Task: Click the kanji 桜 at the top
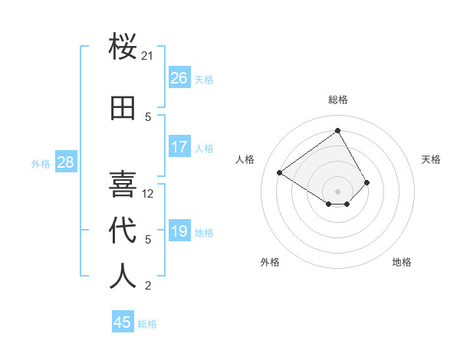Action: [123, 48]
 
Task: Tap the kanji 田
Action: [123, 108]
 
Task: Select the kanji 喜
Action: [123, 184]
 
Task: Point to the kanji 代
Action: [123, 230]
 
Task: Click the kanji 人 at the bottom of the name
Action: [123, 276]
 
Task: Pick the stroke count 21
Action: [148, 56]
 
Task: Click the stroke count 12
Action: [148, 194]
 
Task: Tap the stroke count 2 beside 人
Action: [148, 286]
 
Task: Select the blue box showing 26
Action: [179, 78]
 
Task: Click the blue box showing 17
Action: [179, 147]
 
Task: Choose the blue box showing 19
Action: [179, 231]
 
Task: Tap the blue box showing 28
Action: [65, 162]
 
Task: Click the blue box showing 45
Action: [123, 322]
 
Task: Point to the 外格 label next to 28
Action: [41, 163]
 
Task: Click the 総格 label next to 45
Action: [147, 324]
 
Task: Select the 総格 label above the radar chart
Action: [338, 100]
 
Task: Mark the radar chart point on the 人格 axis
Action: [280, 173]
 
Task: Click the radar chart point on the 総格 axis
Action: [337, 131]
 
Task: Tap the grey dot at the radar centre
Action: [337, 191]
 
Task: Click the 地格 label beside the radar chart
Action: [402, 262]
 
